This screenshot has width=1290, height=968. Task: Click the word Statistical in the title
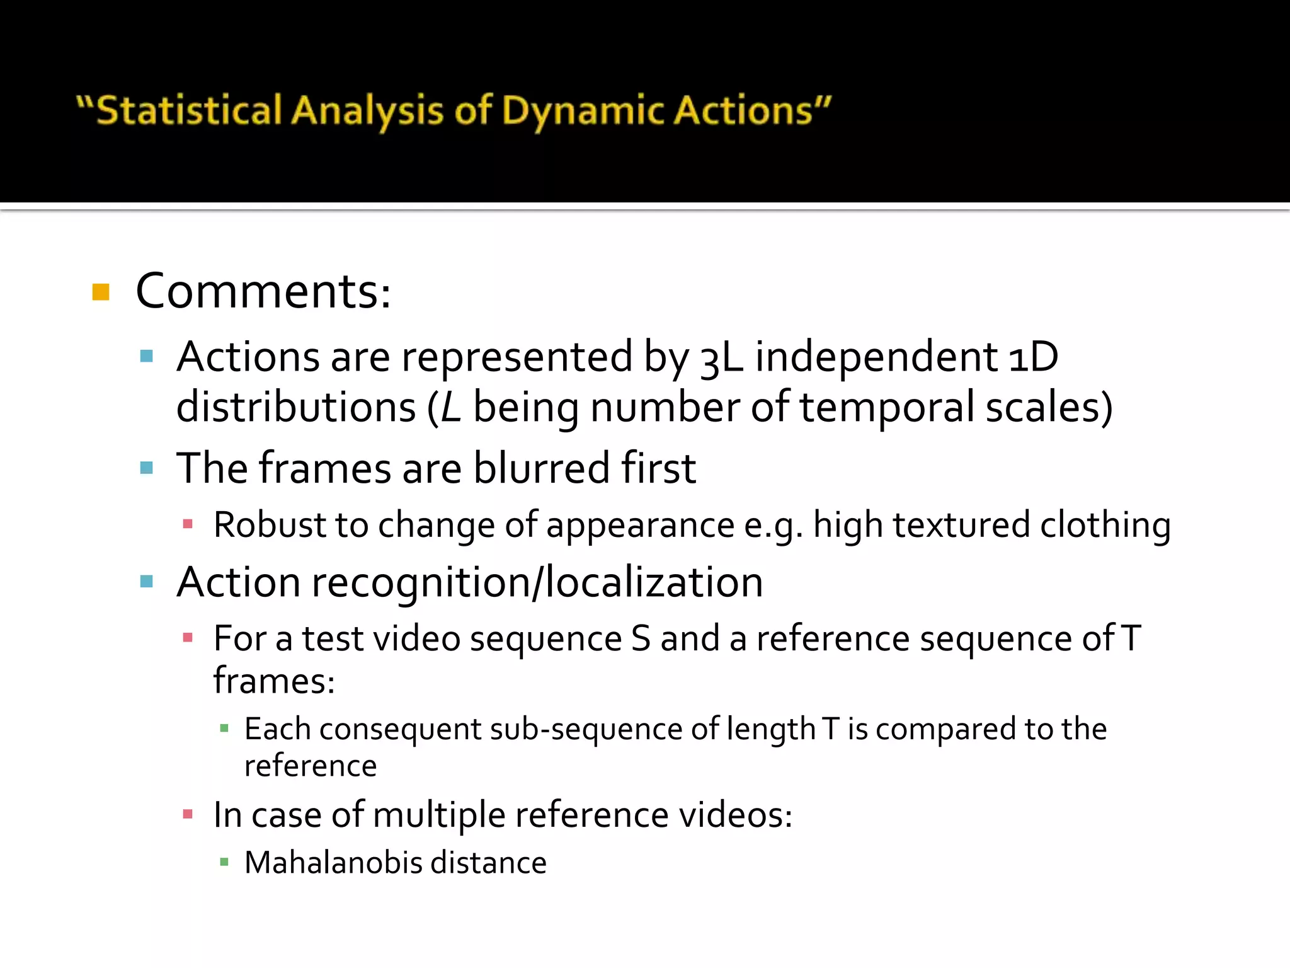(189, 111)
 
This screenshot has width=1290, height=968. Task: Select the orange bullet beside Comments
(101, 292)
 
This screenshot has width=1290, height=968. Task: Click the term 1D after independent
(1033, 357)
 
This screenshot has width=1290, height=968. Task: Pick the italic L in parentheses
(451, 408)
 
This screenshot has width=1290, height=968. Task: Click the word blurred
(542, 468)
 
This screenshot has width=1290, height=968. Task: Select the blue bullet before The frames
(147, 468)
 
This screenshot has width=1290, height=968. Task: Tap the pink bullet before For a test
(187, 638)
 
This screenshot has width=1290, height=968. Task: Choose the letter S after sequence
(640, 638)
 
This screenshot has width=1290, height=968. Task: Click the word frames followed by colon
(273, 681)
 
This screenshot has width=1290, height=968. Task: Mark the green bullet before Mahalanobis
(224, 861)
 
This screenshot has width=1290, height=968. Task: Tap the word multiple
(438, 815)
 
